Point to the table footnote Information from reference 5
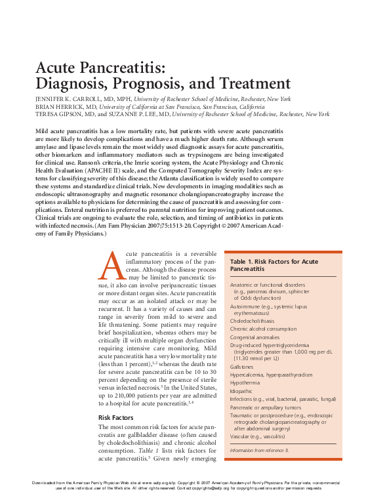[259, 451]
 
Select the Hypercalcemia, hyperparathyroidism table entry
[272, 374]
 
